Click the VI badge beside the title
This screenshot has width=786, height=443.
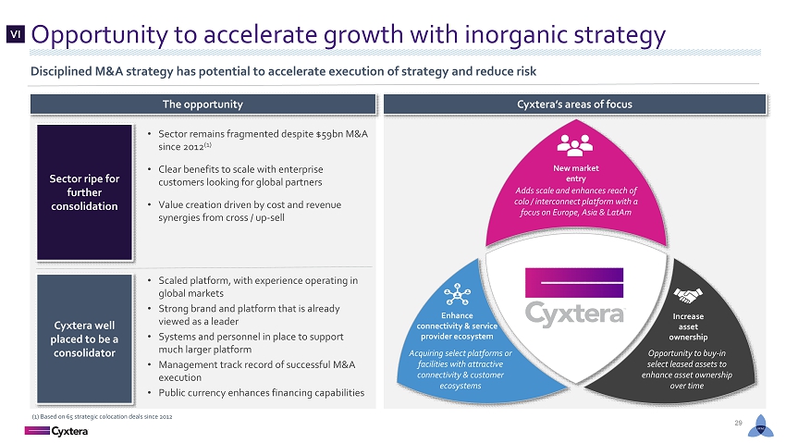[x=16, y=34]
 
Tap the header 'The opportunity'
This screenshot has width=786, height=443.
[x=203, y=105]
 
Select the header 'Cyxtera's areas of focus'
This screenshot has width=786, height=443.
[x=574, y=105]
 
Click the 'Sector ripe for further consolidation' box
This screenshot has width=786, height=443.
[x=84, y=192]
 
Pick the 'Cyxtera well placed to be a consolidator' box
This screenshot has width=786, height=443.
[x=84, y=338]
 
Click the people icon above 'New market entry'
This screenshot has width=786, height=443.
[x=575, y=145]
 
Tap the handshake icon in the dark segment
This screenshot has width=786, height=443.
[x=688, y=295]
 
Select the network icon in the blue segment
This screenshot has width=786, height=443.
[x=457, y=294]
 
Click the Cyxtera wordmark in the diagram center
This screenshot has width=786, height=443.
[x=574, y=314]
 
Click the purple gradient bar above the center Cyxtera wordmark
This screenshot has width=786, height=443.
[x=574, y=283]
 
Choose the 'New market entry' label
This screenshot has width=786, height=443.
[x=575, y=173]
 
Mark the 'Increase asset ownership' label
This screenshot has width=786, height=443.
[x=688, y=326]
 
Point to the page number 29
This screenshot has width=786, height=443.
[x=738, y=423]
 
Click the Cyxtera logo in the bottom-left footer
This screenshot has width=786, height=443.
[x=56, y=431]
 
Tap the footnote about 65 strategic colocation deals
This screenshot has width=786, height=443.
[x=102, y=416]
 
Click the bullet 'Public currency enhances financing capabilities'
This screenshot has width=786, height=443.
[x=261, y=393]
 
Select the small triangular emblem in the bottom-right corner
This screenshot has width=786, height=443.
[x=760, y=426]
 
